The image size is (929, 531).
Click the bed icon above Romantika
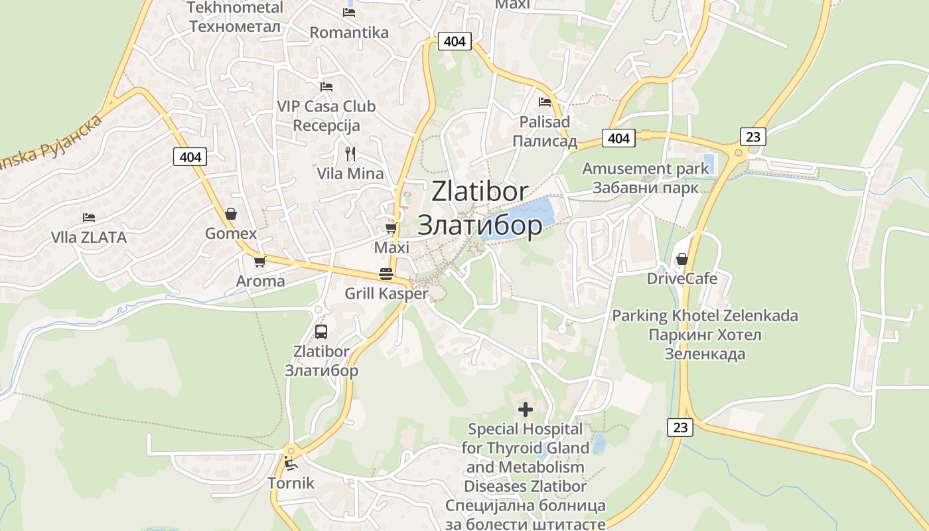(349, 13)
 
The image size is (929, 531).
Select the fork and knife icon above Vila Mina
(350, 154)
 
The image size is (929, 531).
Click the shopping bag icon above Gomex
(231, 214)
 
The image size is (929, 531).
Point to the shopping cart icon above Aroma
(260, 262)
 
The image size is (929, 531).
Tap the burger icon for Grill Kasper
(386, 273)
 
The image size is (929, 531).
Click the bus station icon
(321, 332)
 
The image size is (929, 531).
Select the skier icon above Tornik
(291, 463)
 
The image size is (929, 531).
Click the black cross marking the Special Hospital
(525, 409)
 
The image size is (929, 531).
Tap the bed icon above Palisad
(545, 102)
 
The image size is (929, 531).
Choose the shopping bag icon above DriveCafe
(681, 259)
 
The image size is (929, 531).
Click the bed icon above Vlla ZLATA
(89, 218)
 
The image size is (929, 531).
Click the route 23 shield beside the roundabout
(752, 137)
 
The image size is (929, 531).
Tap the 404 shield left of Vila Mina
(190, 157)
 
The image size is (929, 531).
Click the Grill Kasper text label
(386, 293)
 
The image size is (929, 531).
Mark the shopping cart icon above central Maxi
(392, 228)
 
